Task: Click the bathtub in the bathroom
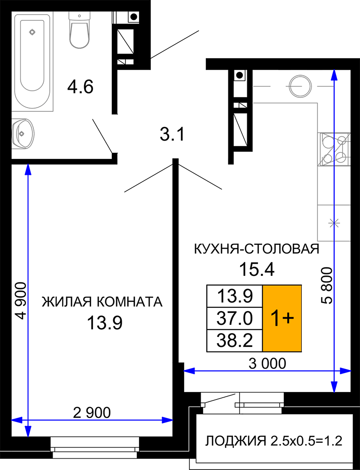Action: pyautogui.click(x=32, y=62)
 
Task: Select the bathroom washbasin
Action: pyautogui.click(x=23, y=133)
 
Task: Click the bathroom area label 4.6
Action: pyautogui.click(x=80, y=87)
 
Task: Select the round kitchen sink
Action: pyautogui.click(x=299, y=86)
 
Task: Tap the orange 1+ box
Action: pyautogui.click(x=282, y=318)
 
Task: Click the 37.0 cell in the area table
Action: pyautogui.click(x=235, y=318)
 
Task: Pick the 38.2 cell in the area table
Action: pyautogui.click(x=235, y=340)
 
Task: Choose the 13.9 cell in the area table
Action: pyautogui.click(x=235, y=296)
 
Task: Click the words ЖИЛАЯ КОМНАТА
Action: pyautogui.click(x=102, y=302)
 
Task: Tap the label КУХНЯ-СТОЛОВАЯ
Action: pyautogui.click(x=257, y=249)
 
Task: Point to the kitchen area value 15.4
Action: pyautogui.click(x=257, y=269)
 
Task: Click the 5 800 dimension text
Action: pyautogui.click(x=327, y=286)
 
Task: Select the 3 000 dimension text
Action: pyautogui.click(x=267, y=364)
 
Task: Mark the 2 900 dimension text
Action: pyautogui.click(x=92, y=413)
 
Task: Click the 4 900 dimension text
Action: pyautogui.click(x=21, y=301)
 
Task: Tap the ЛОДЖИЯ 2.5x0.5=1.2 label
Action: pyautogui.click(x=274, y=441)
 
